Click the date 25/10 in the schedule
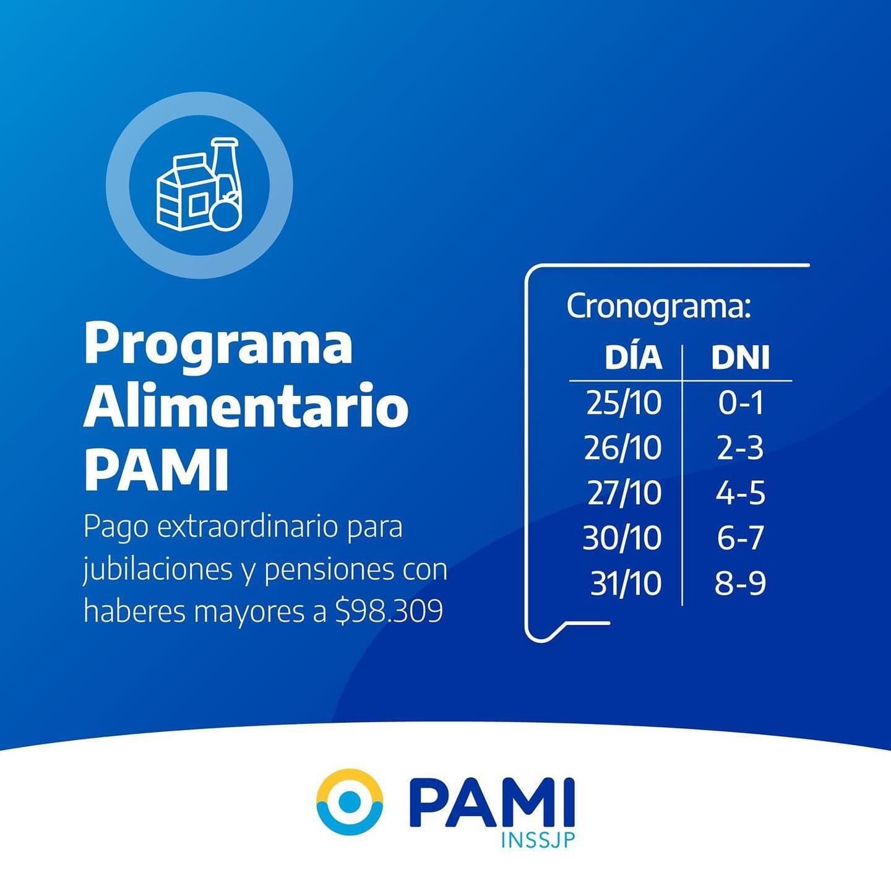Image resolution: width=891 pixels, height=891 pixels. click(624, 403)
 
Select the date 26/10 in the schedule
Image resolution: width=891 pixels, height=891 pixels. click(623, 448)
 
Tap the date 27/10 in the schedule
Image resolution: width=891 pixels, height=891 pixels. click(624, 493)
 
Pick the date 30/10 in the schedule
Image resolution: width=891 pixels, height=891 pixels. click(622, 538)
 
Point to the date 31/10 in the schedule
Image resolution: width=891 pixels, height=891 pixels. click(626, 583)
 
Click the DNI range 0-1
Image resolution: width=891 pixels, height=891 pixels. click(740, 403)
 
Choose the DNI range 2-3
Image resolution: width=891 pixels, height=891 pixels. click(740, 448)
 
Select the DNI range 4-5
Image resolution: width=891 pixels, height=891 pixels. click(740, 493)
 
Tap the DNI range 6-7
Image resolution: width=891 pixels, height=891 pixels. click(740, 538)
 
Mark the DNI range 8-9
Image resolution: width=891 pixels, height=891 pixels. click(740, 583)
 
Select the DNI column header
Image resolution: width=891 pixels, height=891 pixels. click(741, 358)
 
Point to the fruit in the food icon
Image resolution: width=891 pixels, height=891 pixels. click(226, 212)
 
